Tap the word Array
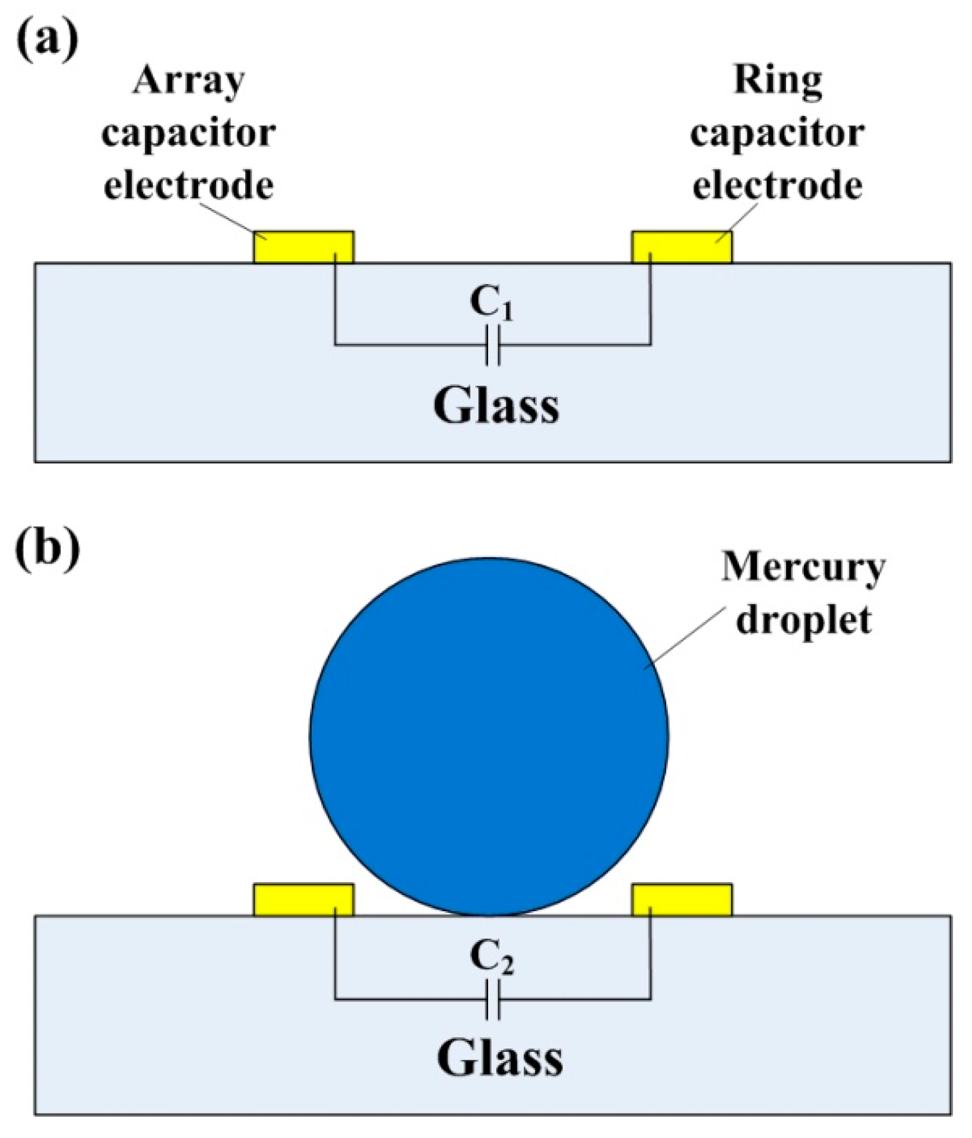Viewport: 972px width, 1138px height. point(189,81)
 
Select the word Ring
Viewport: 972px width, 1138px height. point(777,80)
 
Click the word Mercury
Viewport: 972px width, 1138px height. point(803,568)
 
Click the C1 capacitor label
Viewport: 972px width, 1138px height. point(490,303)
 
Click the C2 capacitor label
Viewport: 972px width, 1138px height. point(491,958)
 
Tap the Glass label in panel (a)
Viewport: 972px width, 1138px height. point(496,406)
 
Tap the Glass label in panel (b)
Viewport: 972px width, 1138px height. point(499,1060)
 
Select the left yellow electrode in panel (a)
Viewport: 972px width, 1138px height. point(303,247)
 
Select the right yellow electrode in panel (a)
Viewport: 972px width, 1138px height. point(682,247)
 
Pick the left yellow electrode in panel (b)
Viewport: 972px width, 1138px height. point(303,900)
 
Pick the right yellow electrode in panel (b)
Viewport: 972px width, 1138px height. point(682,900)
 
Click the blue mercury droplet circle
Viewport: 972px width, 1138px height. point(489,736)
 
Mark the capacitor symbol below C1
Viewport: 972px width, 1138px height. point(492,345)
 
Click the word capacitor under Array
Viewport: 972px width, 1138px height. point(189,134)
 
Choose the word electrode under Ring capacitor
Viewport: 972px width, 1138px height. point(777,186)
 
